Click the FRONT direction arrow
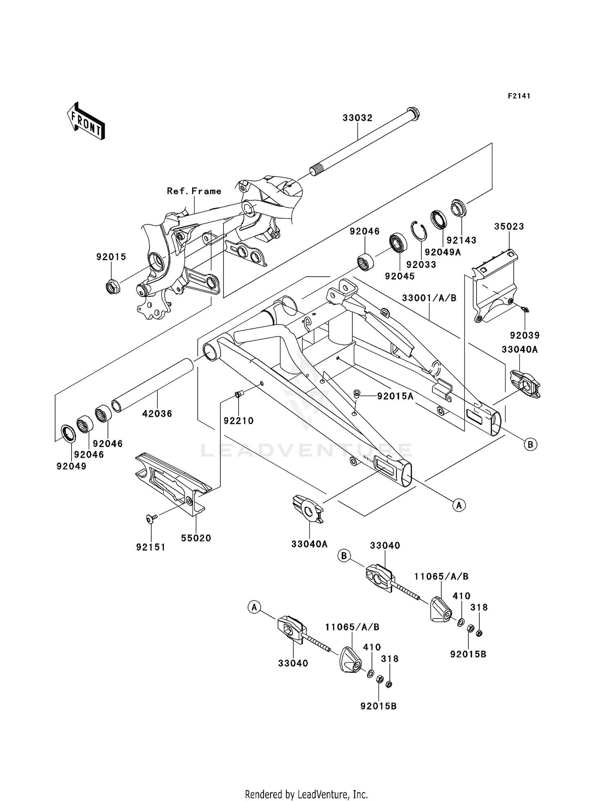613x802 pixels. pyautogui.click(x=86, y=121)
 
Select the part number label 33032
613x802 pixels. pyautogui.click(x=357, y=118)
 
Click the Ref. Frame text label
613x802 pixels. pyautogui.click(x=194, y=191)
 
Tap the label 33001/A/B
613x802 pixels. pyautogui.click(x=429, y=298)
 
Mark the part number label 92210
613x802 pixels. pyautogui.click(x=238, y=420)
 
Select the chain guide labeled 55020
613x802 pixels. pyautogui.click(x=174, y=484)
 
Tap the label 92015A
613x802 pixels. pyautogui.click(x=395, y=396)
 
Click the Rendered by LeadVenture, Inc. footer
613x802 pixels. pyautogui.click(x=306, y=794)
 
